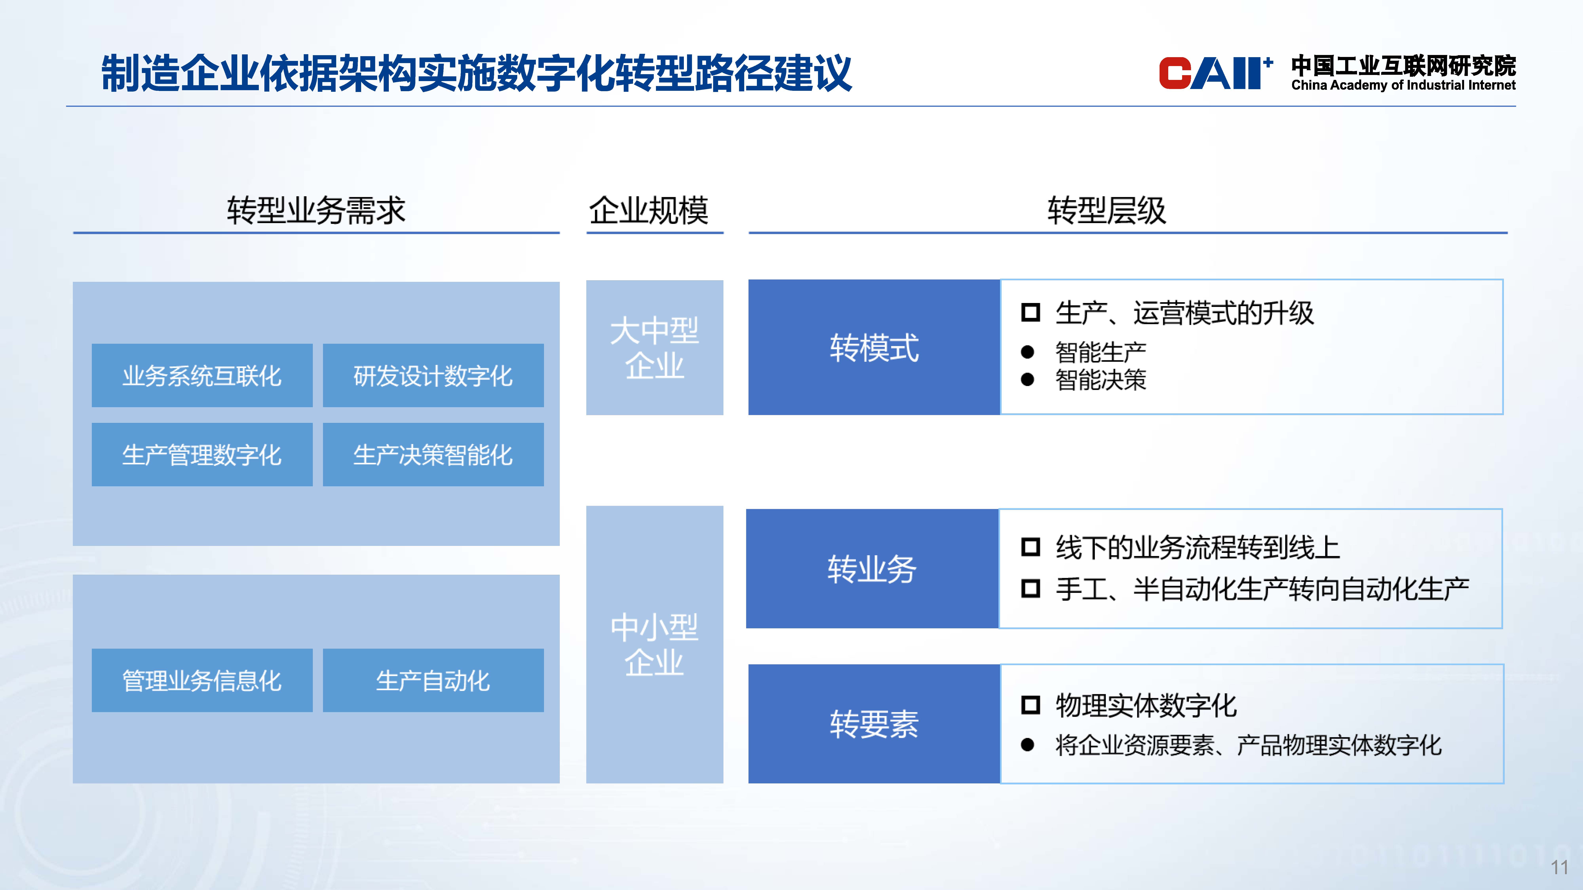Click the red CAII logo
[x=1215, y=73]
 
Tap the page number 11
[x=1559, y=867]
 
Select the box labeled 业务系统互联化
[x=202, y=375]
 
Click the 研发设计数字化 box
[x=433, y=375]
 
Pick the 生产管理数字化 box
[x=202, y=454]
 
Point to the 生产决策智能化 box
[x=433, y=454]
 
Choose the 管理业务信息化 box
[x=202, y=680]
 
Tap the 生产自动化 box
[x=433, y=680]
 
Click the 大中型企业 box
[x=654, y=348]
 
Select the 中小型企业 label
[x=654, y=645]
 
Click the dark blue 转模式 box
[x=874, y=347]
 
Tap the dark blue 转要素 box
[x=874, y=723]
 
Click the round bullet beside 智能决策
[x=1028, y=380]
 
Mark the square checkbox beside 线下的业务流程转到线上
[x=1031, y=547]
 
